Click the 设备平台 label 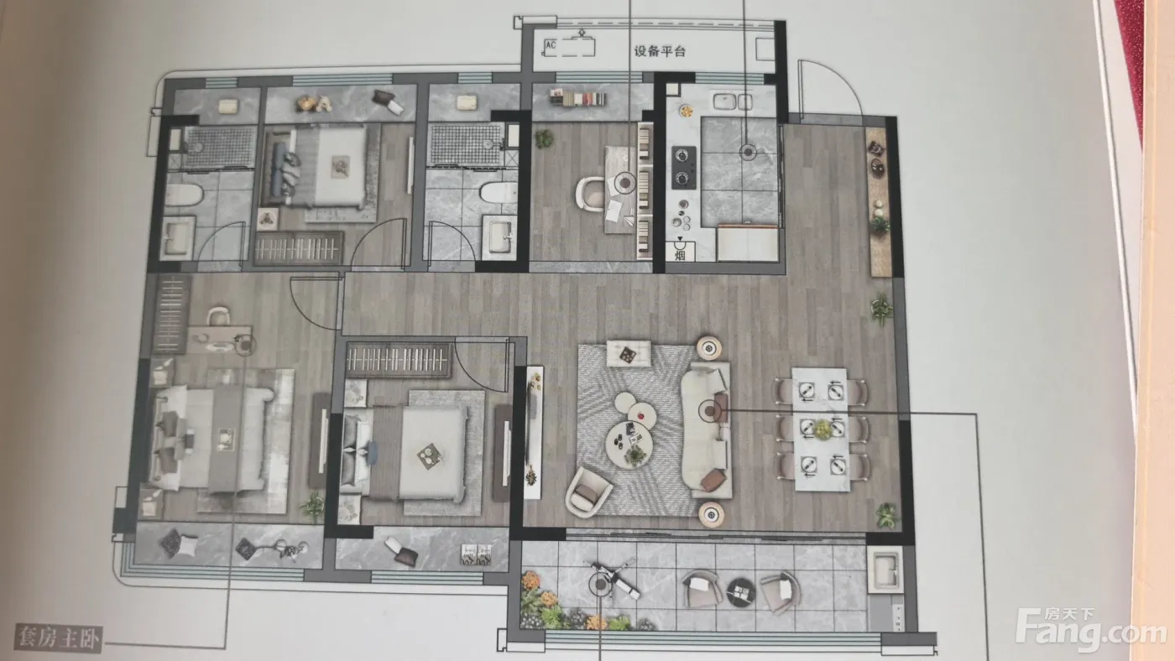point(660,51)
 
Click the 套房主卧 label point(58,638)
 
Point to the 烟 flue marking point(680,255)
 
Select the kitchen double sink point(732,101)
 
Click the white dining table point(821,429)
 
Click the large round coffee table point(629,444)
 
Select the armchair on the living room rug point(588,492)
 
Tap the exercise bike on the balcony point(614,580)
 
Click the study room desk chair point(591,194)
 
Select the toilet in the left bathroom point(185,195)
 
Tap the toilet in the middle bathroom point(499,192)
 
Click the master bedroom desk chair point(219,316)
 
